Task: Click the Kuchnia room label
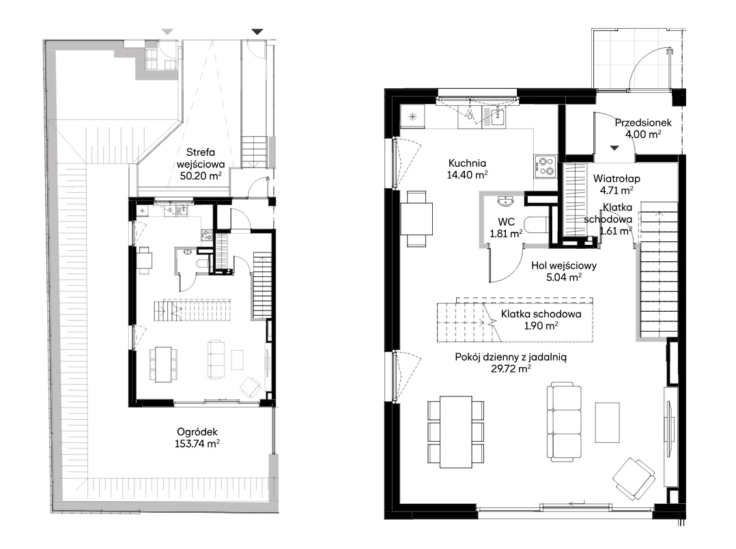(467, 163)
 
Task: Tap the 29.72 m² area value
(511, 369)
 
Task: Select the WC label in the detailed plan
(506, 222)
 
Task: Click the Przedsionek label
(643, 122)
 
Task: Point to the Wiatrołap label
(617, 178)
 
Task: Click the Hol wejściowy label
(564, 265)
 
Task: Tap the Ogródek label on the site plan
(197, 432)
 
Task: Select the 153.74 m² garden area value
(197, 443)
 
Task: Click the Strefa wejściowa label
(201, 159)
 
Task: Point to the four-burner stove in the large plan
(545, 166)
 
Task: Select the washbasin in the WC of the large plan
(506, 201)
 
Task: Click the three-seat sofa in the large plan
(564, 422)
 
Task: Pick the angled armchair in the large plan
(634, 480)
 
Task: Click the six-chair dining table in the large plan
(455, 431)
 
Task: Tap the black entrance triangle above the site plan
(257, 32)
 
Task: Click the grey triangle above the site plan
(167, 32)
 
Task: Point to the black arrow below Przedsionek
(614, 148)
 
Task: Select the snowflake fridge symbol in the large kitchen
(412, 116)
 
